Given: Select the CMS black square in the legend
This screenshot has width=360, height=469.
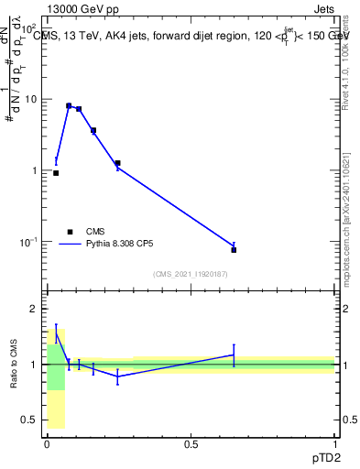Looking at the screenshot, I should pos(70,232).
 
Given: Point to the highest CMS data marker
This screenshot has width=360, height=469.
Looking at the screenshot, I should pos(69,106).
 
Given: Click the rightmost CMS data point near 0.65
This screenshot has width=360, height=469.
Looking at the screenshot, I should pos(234,250).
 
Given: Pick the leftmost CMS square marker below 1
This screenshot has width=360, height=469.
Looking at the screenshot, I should pos(56,172).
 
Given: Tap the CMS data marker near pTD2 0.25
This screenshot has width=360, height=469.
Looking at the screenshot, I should pos(117,163).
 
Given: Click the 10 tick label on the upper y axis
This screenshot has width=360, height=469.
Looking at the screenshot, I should pos(31,99).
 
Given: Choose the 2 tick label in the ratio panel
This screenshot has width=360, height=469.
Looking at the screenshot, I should pos(35,309).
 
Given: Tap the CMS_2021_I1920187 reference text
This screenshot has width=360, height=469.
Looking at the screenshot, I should pos(190,274).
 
